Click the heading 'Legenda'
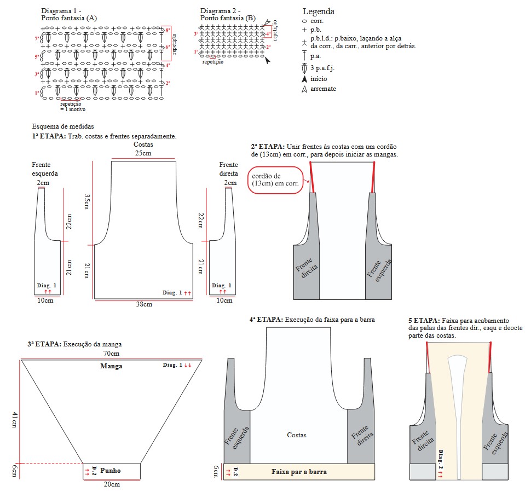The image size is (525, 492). point(319,11)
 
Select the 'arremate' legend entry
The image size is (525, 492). point(322,89)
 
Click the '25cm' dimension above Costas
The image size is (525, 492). point(143,153)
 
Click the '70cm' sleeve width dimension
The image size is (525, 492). point(111,355)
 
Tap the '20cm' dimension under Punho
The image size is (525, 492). point(112,484)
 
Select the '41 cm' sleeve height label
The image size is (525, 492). point(15,421)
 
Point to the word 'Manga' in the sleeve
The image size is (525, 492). point(111,366)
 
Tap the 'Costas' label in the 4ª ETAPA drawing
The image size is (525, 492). point(296,435)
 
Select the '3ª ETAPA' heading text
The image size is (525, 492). point(44,344)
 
